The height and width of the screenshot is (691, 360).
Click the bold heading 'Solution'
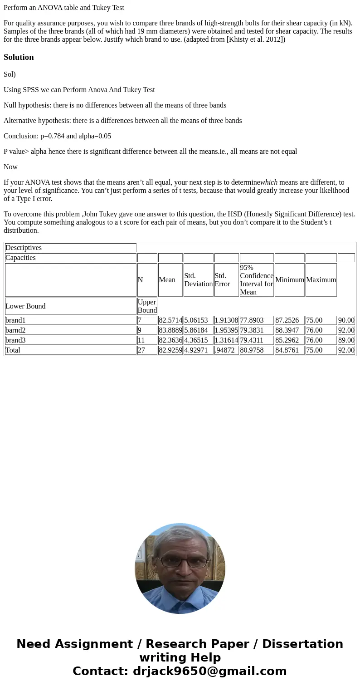(x=19, y=57)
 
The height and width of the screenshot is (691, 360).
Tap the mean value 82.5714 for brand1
(x=170, y=320)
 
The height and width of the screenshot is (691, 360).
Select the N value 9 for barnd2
(x=140, y=330)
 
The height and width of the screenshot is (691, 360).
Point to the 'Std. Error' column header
(x=223, y=280)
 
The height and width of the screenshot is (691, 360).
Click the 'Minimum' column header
(x=289, y=280)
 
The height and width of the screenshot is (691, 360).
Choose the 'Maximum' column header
(x=321, y=280)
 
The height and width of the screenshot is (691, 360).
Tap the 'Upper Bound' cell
(x=147, y=306)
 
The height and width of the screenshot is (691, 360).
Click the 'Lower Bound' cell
(x=25, y=306)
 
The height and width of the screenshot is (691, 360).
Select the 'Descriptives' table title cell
(x=24, y=248)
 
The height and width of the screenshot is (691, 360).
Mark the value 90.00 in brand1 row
(x=346, y=320)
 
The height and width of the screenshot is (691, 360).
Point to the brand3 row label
(x=15, y=340)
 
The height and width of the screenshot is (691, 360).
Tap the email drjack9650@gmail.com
(x=209, y=671)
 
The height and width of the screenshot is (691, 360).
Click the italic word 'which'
(x=269, y=182)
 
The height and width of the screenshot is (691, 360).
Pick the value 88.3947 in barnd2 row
(x=287, y=330)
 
